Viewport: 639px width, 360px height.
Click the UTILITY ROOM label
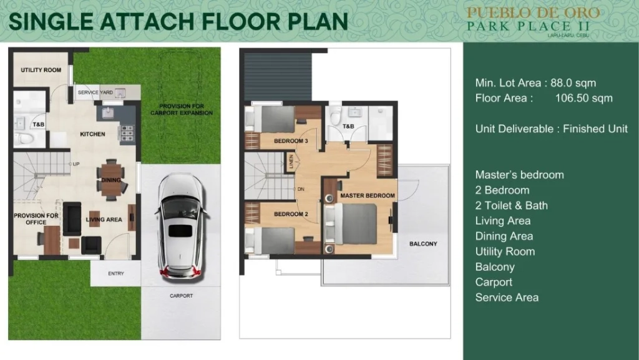(41, 70)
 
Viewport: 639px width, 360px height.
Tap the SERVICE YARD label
(95, 92)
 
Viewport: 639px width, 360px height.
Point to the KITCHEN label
(92, 134)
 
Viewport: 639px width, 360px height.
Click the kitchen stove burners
(126, 134)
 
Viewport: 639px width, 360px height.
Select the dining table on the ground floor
(111, 180)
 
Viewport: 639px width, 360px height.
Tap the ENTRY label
(115, 274)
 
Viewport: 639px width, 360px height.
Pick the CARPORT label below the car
(182, 296)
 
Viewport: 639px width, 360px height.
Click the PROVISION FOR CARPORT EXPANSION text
(182, 110)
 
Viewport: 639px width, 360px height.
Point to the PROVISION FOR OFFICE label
(36, 219)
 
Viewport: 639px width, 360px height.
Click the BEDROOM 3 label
(291, 141)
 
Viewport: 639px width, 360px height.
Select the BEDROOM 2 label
(291, 214)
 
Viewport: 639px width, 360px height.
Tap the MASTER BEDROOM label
(368, 195)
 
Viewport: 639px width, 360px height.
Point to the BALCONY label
(423, 244)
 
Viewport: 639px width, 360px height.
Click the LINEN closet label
(291, 162)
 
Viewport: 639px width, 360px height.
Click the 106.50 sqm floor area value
(584, 98)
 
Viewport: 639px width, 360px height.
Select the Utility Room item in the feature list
(505, 251)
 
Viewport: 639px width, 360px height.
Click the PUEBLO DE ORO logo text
(533, 12)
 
